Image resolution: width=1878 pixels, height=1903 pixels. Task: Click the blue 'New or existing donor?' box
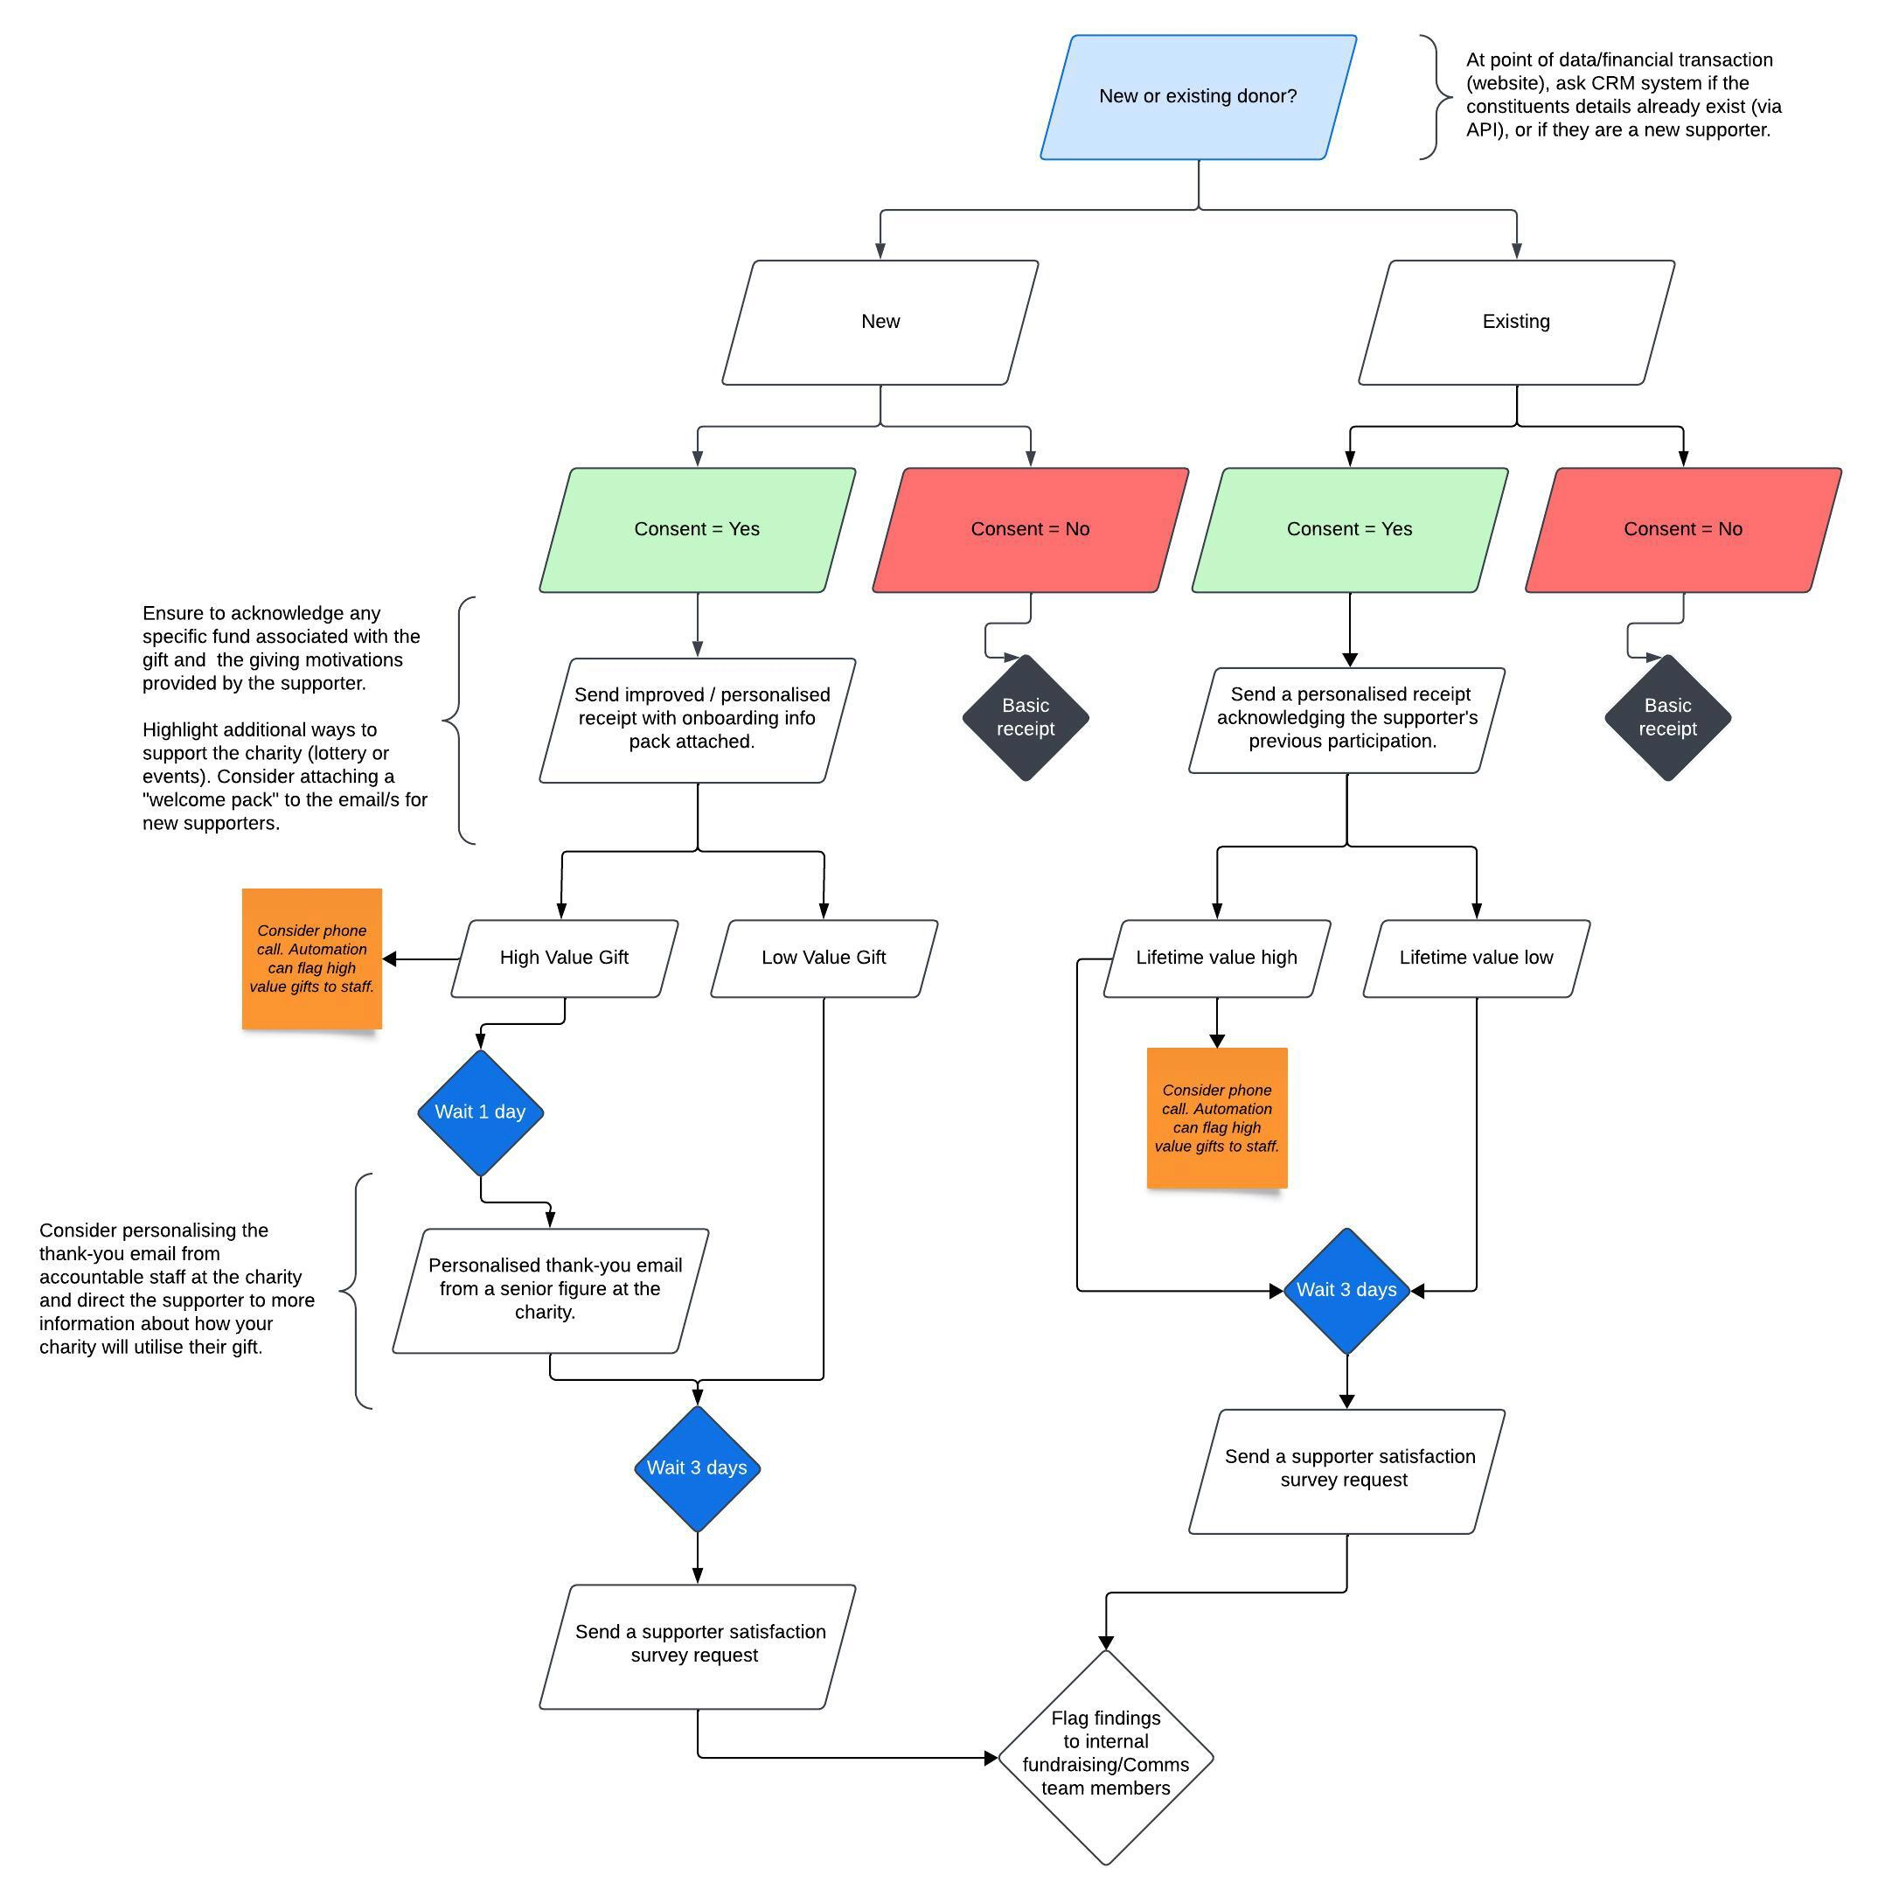[1198, 96]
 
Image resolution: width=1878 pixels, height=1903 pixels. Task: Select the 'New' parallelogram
[880, 322]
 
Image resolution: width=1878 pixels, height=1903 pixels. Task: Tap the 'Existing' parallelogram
[1515, 322]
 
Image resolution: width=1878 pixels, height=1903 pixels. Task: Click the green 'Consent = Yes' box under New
[696, 530]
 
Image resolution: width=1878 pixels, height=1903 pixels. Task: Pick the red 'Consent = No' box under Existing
[1682, 530]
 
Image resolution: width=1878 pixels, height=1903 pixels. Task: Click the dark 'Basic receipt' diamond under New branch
[1026, 717]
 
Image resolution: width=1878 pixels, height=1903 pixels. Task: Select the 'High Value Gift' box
[564, 958]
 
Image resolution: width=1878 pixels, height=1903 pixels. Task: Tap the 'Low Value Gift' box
[824, 958]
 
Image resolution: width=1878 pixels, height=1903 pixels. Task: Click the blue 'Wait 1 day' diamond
[481, 1112]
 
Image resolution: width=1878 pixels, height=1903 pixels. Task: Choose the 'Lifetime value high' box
[1216, 958]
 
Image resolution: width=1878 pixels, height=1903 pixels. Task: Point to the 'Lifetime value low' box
[1475, 958]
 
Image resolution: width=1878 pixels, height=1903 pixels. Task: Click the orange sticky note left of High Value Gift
[312, 958]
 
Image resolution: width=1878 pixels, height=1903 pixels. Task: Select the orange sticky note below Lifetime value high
[1216, 1118]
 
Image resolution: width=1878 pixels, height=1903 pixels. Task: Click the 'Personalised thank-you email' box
[551, 1289]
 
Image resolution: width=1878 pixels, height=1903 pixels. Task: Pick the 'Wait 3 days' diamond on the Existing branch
[1346, 1290]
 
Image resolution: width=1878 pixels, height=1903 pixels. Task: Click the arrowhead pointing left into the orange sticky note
[390, 958]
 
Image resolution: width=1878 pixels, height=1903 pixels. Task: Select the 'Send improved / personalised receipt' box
[696, 720]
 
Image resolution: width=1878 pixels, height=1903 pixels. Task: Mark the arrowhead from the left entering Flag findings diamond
[991, 1757]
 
